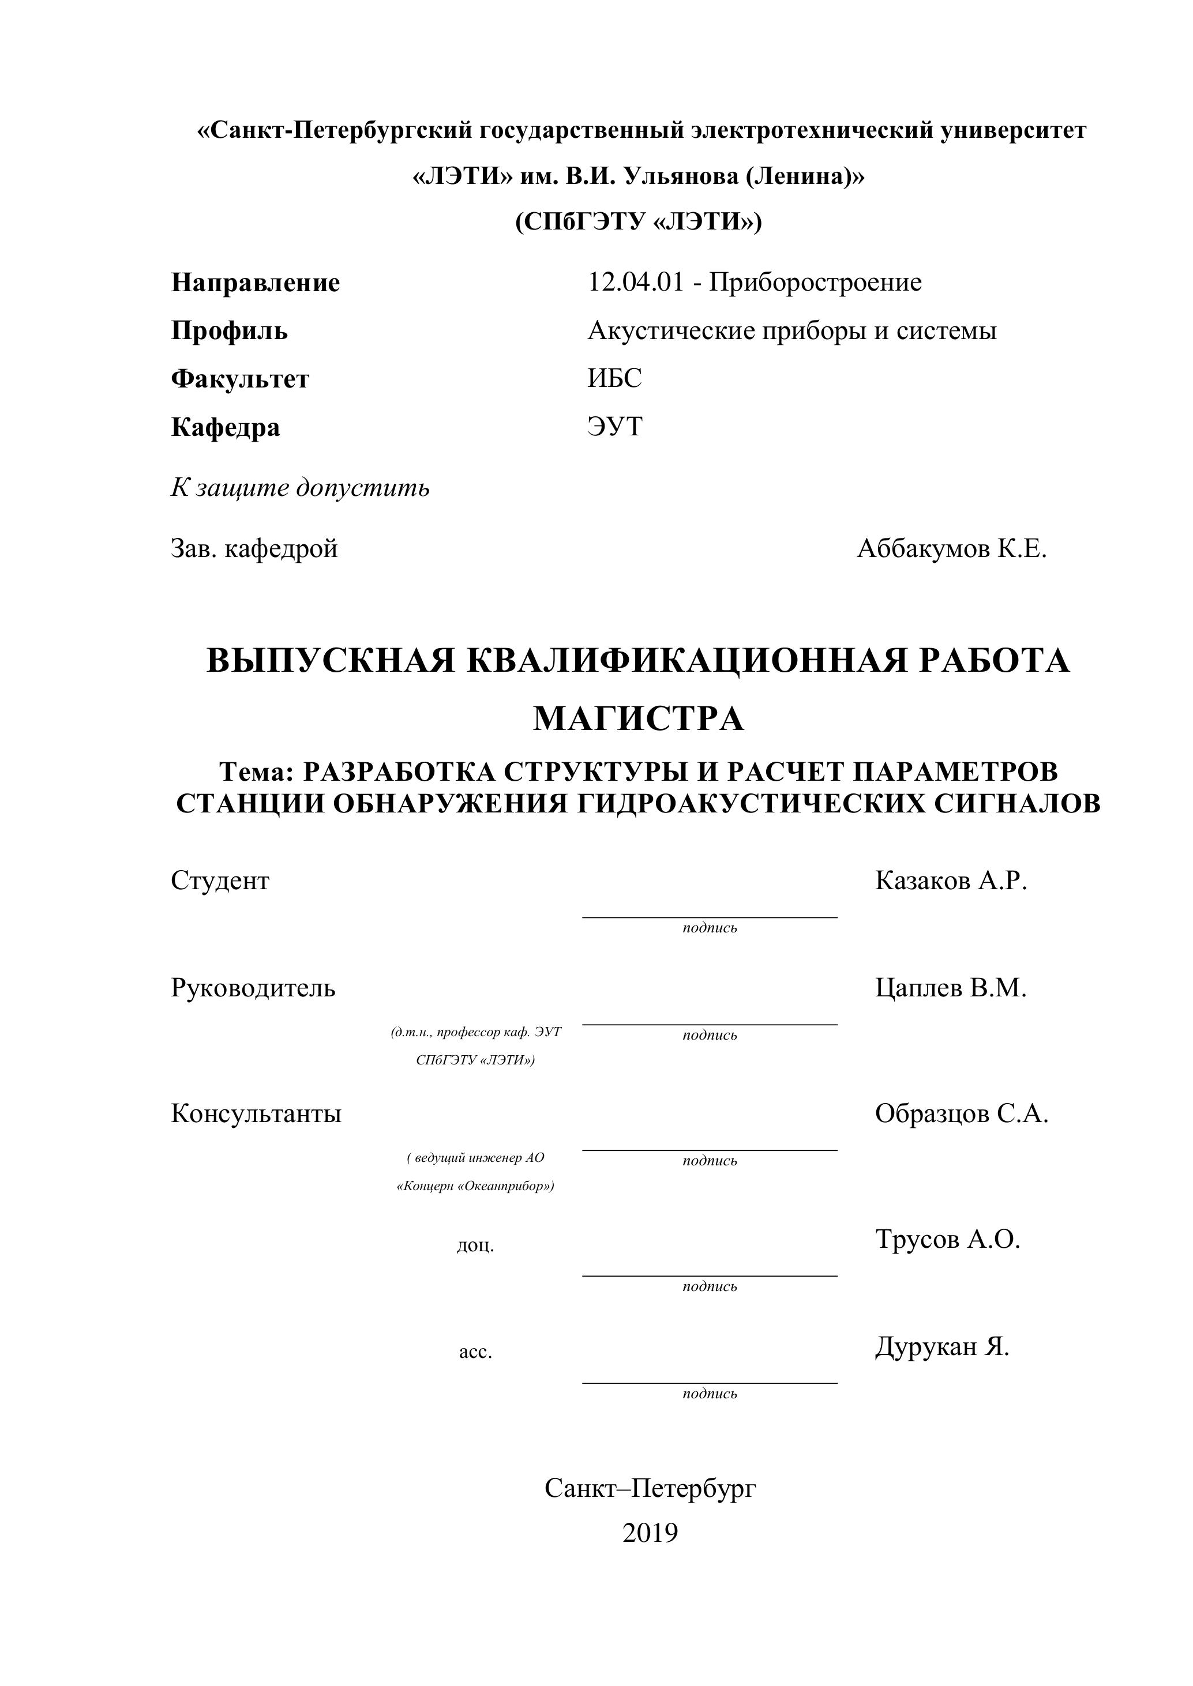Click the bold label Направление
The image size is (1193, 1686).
point(255,283)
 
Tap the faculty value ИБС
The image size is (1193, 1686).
point(614,378)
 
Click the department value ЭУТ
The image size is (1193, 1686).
point(615,427)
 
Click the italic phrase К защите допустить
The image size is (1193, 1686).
point(300,488)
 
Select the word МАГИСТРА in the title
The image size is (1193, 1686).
point(637,719)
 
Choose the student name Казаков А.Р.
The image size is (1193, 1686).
point(951,880)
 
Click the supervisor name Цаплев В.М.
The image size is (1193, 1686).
point(951,988)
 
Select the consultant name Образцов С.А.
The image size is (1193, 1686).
point(961,1114)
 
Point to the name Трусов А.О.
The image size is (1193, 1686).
point(948,1240)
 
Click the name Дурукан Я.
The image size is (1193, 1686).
point(941,1347)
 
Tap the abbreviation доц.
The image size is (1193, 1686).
point(475,1246)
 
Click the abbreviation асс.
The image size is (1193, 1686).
point(475,1352)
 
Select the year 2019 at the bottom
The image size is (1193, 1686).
point(650,1533)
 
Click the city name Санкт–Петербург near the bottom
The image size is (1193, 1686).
point(650,1488)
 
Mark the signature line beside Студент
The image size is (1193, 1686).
point(710,917)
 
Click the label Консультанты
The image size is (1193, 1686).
point(256,1114)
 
